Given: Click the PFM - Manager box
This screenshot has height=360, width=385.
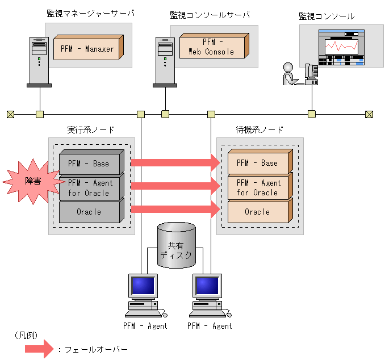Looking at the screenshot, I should tap(87, 49).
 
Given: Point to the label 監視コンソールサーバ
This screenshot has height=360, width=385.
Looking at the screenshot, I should tap(210, 15).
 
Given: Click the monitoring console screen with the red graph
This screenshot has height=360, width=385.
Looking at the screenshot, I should tap(341, 46).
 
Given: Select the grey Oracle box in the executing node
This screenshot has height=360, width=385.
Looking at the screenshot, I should tap(90, 212).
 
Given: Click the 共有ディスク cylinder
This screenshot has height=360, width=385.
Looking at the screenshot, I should tap(176, 245).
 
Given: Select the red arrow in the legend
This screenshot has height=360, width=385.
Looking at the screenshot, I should tap(39, 349).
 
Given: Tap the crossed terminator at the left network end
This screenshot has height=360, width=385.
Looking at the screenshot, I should tap(10, 114).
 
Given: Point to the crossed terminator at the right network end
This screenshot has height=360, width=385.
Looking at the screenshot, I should tap(369, 114).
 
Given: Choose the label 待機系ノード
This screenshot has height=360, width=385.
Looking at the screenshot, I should tap(260, 129).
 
